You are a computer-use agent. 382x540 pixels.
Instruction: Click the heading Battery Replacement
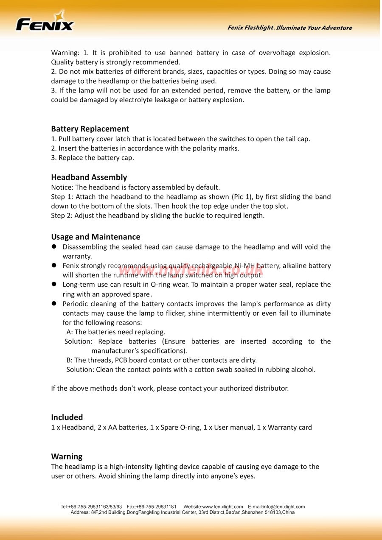point(90,129)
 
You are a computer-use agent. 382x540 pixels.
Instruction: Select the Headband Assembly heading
point(89,177)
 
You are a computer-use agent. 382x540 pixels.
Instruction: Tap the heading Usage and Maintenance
point(95,236)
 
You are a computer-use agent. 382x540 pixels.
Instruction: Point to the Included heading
point(67,417)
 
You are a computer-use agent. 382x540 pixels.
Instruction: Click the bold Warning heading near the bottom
point(67,456)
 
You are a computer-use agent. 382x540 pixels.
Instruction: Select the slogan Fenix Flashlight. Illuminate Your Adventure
point(289,28)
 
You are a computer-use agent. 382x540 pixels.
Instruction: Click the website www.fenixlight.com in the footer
point(222,506)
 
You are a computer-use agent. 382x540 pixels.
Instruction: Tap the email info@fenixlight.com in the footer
point(284,506)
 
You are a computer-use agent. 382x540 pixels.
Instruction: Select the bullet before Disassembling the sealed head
point(54,246)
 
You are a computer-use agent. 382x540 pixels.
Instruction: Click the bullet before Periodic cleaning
point(54,304)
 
